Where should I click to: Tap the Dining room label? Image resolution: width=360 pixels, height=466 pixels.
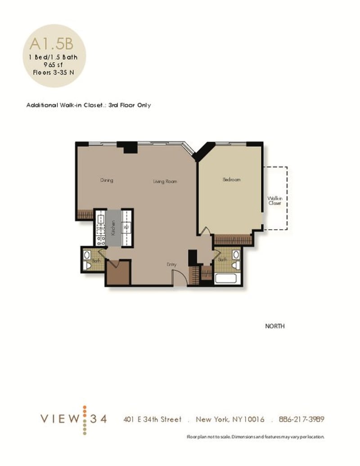click(x=106, y=181)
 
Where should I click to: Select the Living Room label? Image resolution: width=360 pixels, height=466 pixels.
click(x=165, y=182)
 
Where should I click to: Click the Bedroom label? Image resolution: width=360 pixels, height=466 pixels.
click(x=231, y=179)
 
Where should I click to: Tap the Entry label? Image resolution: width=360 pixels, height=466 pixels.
click(x=171, y=264)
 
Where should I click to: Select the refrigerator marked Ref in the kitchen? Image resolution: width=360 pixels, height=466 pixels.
click(x=127, y=227)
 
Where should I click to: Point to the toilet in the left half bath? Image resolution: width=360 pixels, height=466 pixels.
click(x=87, y=266)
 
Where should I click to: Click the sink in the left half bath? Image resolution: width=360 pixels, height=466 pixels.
click(x=87, y=255)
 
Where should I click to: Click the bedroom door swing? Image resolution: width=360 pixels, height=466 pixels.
click(x=204, y=230)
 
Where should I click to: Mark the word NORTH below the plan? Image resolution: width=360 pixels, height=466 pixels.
click(x=274, y=327)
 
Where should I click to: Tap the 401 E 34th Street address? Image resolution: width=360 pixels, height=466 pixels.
click(x=153, y=419)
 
